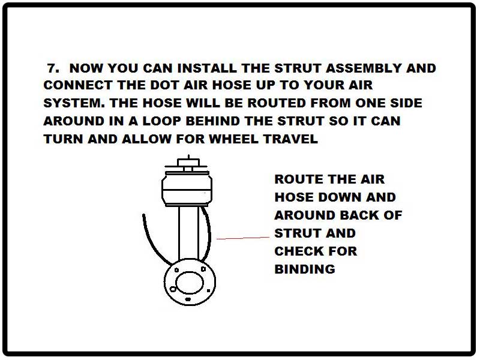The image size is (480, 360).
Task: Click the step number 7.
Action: coord(53,68)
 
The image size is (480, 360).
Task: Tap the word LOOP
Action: coord(171,121)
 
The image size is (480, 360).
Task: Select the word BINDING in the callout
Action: coord(304,269)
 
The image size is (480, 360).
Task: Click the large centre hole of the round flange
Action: coord(190,282)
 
